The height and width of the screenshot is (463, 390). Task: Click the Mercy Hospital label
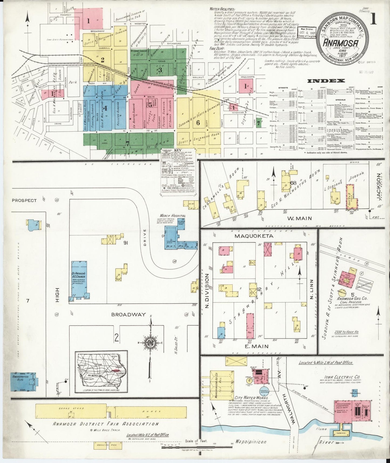tap(177, 216)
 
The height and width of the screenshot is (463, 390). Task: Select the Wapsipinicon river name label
tap(251, 442)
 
